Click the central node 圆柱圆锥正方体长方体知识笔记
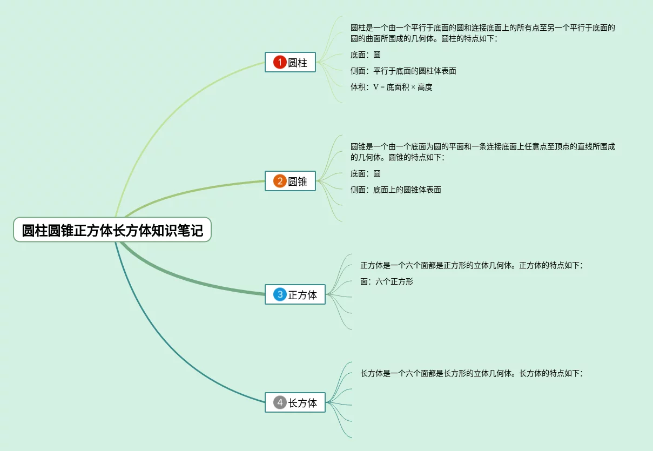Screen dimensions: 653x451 click(112, 231)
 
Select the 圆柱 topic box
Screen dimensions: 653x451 click(290, 62)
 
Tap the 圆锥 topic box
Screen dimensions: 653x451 click(290, 181)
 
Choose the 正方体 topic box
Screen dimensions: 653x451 click(295, 294)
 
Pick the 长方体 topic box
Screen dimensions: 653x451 click(295, 402)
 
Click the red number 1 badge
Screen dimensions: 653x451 click(279, 62)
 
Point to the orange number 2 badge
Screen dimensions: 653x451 click(279, 181)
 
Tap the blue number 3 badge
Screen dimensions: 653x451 click(280, 294)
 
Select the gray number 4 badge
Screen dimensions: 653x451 click(280, 402)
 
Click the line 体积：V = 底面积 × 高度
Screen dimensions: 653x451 click(391, 87)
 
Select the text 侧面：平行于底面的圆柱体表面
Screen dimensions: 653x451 click(403, 71)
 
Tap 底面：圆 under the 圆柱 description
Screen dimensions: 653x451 click(365, 55)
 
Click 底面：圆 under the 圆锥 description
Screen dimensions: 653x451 click(365, 173)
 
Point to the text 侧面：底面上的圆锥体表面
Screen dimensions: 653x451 click(395, 190)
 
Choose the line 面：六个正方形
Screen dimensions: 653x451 click(386, 281)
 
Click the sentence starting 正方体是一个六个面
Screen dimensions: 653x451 click(471, 265)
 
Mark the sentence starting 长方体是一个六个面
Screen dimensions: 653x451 click(471, 373)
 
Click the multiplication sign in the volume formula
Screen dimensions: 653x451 click(413, 87)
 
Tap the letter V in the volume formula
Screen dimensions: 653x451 click(375, 87)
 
